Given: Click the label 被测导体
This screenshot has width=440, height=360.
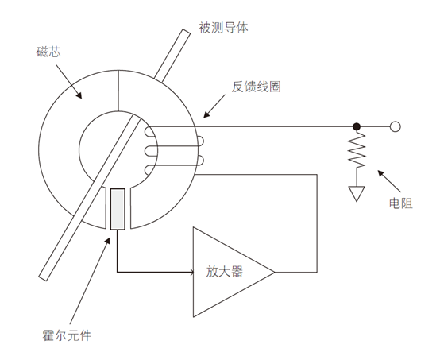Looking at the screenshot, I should tap(224, 28).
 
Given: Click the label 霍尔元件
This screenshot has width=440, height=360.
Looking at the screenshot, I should tap(67, 336).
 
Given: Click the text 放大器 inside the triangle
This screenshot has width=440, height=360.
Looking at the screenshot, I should tap(226, 272).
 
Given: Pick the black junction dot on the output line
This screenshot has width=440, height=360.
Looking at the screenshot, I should tap(357, 126).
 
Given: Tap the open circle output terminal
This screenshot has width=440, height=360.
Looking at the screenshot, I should tap(395, 126).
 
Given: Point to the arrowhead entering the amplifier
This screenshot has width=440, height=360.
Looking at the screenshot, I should tap(191, 272).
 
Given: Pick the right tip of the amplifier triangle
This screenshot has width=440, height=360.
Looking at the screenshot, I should tap(274, 272).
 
